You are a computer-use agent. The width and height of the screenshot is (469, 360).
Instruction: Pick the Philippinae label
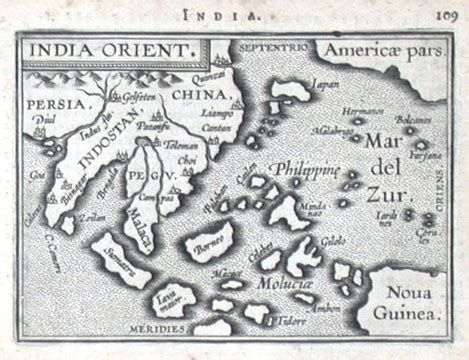click(305, 169)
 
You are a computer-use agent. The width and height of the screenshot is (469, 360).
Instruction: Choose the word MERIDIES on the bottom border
click(160, 327)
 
